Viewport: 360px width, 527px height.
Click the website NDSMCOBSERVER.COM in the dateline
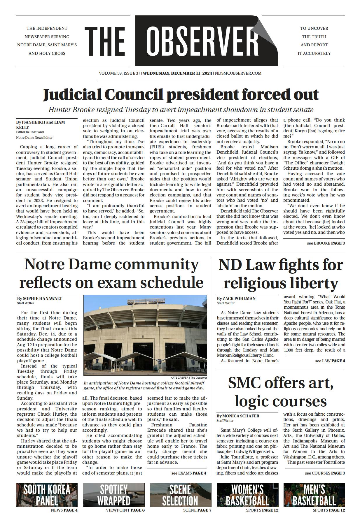[x=238, y=73]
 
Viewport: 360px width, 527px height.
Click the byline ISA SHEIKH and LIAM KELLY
[x=40, y=125]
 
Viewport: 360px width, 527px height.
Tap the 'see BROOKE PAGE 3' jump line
[x=326, y=243]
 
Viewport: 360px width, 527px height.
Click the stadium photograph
[x=145, y=335]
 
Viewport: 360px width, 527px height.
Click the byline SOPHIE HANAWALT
[x=39, y=298]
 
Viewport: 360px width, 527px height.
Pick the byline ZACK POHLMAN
[x=236, y=298]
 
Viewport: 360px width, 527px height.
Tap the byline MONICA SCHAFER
[x=238, y=416]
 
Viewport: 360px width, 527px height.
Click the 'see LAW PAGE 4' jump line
[x=330, y=361]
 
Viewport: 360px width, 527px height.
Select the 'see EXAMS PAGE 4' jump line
[x=189, y=473]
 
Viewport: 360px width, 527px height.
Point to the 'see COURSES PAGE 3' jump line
[x=325, y=473]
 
